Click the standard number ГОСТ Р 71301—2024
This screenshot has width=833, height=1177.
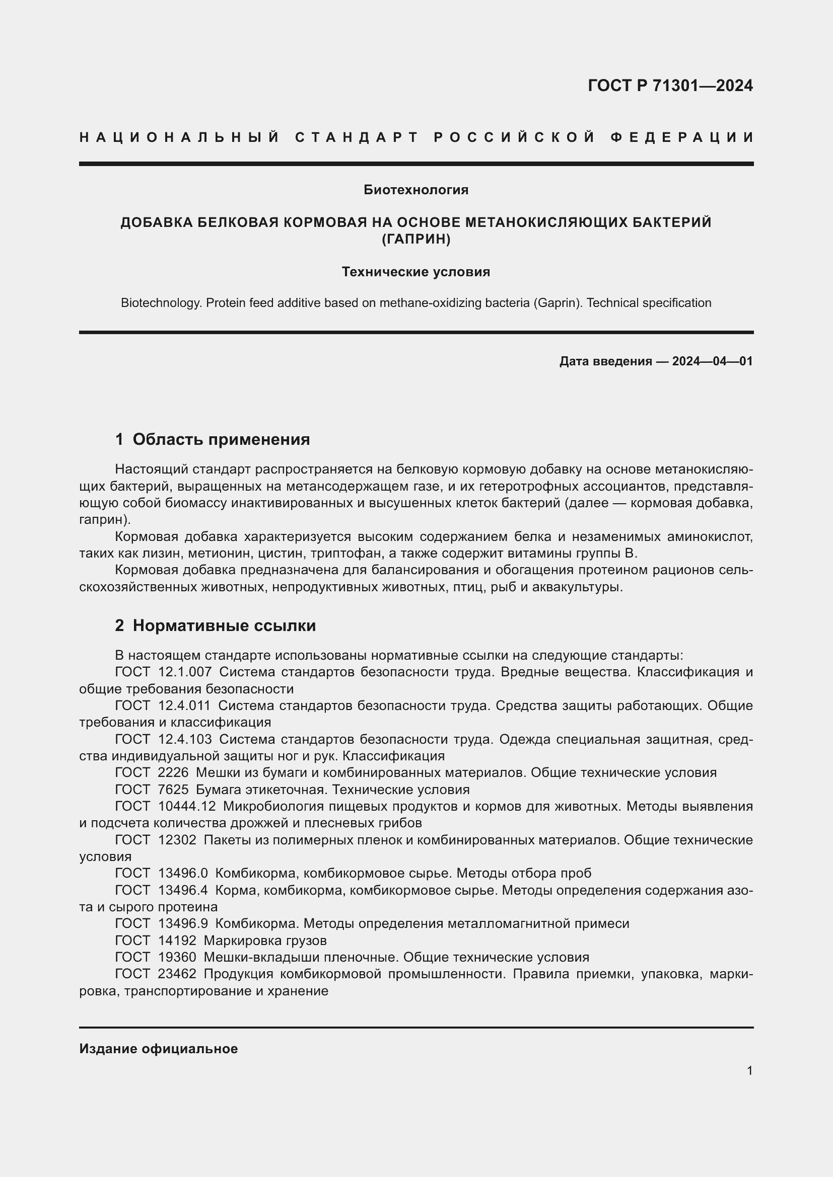(x=670, y=85)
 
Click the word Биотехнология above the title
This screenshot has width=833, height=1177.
(x=416, y=190)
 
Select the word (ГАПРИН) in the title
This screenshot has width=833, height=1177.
(x=416, y=239)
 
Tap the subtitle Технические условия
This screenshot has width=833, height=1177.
(x=416, y=272)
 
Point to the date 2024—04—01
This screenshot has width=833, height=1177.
(x=712, y=361)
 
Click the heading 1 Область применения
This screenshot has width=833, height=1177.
(x=213, y=439)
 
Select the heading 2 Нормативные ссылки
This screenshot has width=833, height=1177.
(x=216, y=625)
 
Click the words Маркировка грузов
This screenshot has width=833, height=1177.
(x=265, y=940)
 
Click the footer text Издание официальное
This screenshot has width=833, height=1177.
(x=159, y=1049)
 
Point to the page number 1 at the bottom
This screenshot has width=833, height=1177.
(x=749, y=1071)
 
